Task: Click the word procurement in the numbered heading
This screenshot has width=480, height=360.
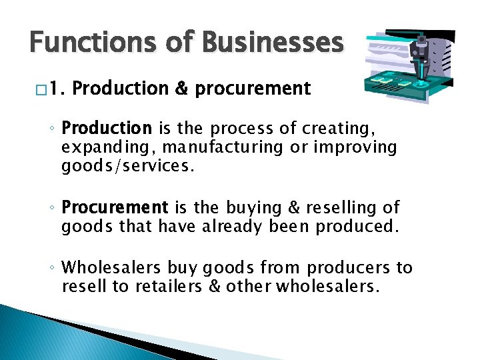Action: (253, 89)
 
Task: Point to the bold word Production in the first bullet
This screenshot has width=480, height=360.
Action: (107, 127)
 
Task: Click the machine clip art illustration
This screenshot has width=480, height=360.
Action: (410, 67)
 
